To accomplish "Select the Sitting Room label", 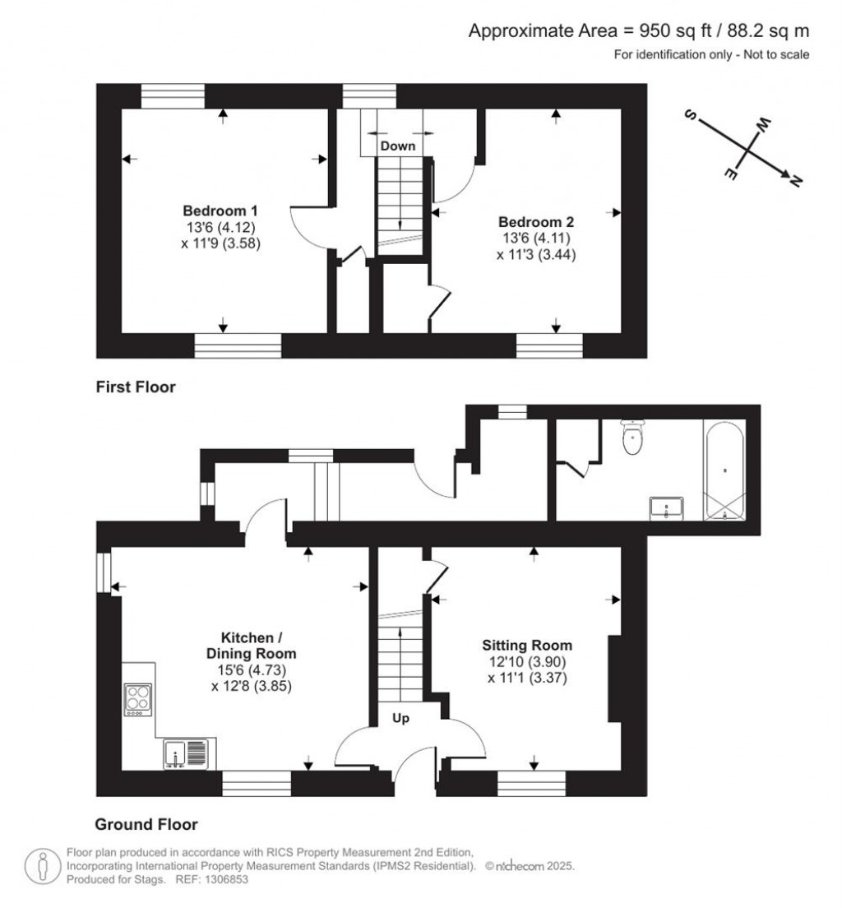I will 526,645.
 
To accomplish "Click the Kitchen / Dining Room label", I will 252,646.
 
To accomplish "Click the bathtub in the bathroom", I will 724,470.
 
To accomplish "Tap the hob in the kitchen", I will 136,699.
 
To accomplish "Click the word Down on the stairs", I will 397,146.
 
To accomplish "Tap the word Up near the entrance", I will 400,718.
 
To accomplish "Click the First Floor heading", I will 136,387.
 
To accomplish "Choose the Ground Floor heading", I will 146,824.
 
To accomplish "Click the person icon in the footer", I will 41,865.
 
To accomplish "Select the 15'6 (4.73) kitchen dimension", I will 252,669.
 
